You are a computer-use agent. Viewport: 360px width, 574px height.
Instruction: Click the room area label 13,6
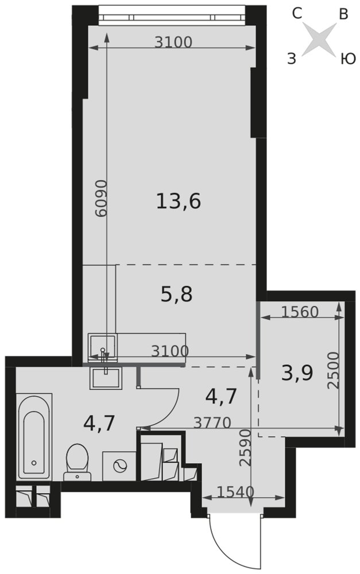179,201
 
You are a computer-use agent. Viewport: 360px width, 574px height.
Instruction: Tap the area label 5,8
176,294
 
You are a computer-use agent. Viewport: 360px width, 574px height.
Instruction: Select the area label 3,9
297,374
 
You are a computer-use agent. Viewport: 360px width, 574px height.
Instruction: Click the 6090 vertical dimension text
100,198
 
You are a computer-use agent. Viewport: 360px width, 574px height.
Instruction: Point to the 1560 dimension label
300,312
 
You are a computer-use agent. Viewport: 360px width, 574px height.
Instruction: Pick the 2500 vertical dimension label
334,370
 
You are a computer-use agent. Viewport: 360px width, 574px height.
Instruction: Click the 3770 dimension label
212,423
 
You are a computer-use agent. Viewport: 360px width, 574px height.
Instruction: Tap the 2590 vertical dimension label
245,448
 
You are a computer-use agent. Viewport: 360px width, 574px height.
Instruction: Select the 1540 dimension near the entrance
235,492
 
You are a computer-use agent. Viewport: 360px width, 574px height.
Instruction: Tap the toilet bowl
78,462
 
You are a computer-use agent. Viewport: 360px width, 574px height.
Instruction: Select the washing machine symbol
119,466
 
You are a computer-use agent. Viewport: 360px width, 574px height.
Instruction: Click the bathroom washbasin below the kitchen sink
105,378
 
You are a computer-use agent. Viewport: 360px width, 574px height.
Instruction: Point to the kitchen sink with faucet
103,347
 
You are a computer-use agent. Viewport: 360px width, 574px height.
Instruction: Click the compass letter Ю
348,59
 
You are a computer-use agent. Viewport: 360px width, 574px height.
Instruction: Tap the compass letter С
297,14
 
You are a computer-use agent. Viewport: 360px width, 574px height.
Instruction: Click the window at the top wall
172,15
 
